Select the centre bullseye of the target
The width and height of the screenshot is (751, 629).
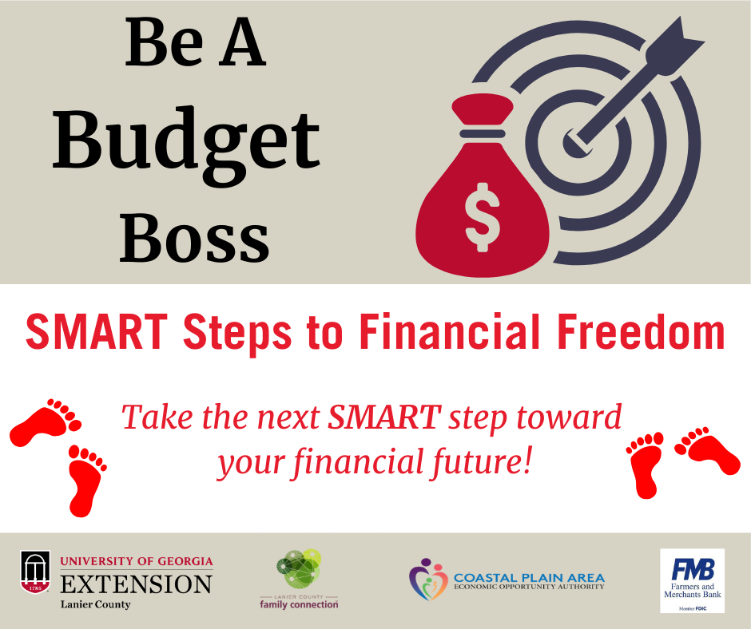click(x=577, y=144)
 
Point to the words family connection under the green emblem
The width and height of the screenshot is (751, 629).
click(x=299, y=604)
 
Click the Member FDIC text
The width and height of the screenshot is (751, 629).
click(x=692, y=608)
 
